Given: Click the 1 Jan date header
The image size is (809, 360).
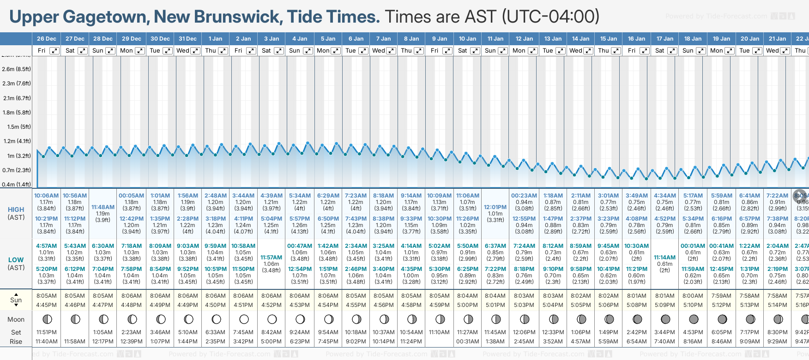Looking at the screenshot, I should (215, 39).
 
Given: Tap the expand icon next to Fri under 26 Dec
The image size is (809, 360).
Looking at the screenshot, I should (54, 51).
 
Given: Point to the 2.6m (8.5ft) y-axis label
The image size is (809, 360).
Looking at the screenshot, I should (17, 69).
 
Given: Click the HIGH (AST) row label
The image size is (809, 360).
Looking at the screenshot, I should (16, 213).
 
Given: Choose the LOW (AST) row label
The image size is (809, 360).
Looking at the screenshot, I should (16, 264).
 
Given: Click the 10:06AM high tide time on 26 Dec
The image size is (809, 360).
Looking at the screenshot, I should (46, 196).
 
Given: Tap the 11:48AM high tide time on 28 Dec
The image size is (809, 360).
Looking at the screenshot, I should (103, 207).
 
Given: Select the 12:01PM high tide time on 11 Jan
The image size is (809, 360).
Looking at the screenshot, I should (495, 207).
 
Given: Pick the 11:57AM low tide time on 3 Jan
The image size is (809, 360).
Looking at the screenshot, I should (271, 258).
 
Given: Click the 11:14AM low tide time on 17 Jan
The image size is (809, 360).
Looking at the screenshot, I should (665, 258).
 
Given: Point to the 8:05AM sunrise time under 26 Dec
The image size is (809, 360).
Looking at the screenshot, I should (46, 296).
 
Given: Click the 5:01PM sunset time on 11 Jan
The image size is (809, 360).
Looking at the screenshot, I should (495, 305).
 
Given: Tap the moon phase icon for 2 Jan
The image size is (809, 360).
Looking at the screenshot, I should (244, 319).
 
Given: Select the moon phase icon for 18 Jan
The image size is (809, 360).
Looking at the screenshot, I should (693, 319).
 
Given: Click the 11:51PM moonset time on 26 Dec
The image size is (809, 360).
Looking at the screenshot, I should (46, 332).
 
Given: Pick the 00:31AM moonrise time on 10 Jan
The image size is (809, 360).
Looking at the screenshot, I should (467, 342).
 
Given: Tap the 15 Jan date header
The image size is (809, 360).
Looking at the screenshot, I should (609, 39).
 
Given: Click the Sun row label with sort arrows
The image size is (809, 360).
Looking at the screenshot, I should (16, 300).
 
